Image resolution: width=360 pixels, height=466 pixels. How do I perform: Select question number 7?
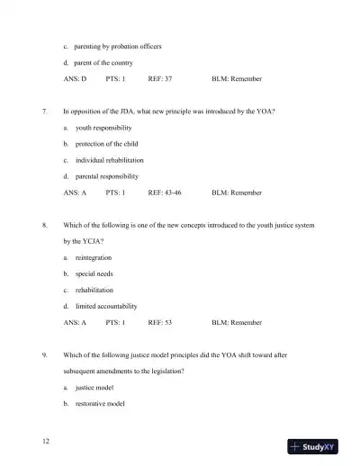44,112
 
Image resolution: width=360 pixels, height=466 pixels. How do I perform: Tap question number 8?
44,224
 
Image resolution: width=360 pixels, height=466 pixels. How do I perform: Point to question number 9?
44,354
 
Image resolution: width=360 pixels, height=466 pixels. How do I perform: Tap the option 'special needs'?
94,273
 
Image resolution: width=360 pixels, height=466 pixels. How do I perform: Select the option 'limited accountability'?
107,306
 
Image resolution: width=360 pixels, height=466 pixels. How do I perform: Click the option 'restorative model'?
99,404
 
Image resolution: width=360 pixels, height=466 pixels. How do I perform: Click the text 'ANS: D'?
75,79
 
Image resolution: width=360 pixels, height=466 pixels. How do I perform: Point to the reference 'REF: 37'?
160,79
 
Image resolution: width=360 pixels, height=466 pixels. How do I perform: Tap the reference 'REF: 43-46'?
165,193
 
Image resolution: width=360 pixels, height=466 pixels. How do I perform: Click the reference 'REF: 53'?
160,322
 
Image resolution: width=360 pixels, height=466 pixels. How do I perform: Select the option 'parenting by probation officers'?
118,46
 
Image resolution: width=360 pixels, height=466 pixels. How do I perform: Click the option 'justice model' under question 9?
94,388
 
